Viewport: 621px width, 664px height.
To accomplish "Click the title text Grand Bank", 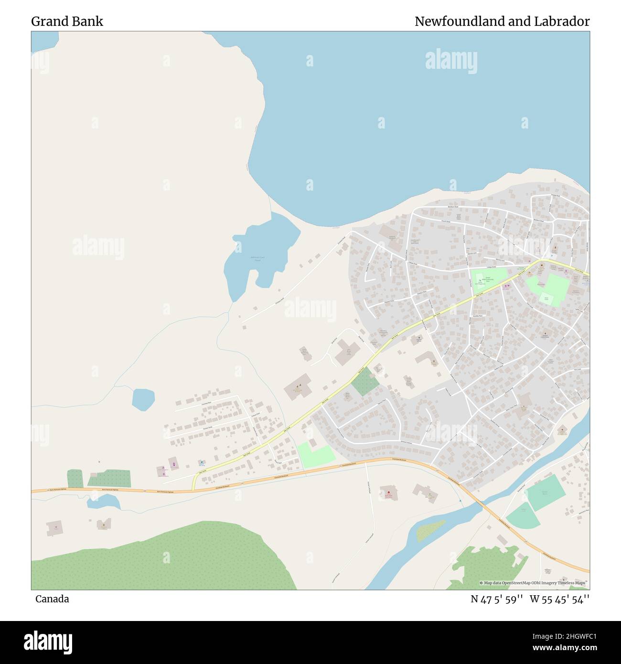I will (67, 21).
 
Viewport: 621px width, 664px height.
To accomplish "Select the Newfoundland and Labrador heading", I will (502, 21).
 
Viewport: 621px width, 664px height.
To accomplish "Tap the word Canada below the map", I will (52, 599).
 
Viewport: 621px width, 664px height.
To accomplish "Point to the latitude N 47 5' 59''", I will (497, 599).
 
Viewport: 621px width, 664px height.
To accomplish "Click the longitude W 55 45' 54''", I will (560, 599).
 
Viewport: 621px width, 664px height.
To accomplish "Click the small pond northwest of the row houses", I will (143, 399).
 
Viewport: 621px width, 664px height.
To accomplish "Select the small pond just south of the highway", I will (104, 501).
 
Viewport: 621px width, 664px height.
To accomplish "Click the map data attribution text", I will (534, 583).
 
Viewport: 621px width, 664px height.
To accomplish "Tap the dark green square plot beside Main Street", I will (365, 381).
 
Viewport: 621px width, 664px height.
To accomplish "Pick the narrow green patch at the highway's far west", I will (75, 478).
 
